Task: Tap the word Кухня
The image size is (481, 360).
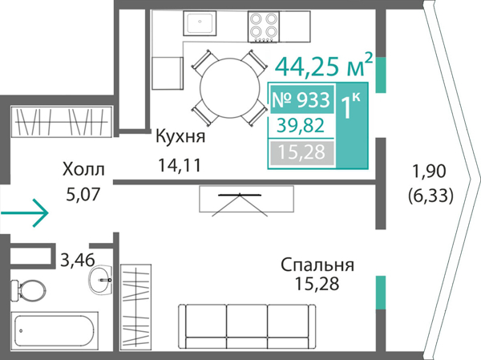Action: [x=181, y=137]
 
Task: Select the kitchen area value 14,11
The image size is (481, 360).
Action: [x=180, y=166]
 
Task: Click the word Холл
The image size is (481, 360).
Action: [x=83, y=169]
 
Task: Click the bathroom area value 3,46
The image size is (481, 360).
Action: [x=77, y=258]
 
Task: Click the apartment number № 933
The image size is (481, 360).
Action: [x=301, y=101]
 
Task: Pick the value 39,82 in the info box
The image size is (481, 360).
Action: [x=301, y=126]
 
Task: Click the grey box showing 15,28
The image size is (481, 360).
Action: [x=301, y=152]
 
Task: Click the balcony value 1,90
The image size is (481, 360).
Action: [x=430, y=171]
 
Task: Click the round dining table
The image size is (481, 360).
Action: [x=227, y=87]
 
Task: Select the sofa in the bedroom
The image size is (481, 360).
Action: [x=248, y=328]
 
